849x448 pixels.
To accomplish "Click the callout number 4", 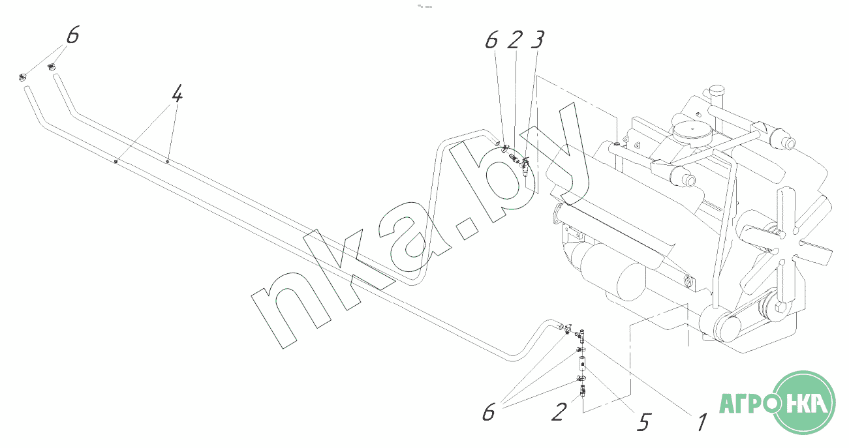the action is pyautogui.click(x=177, y=93).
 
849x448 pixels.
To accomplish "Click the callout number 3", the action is pyautogui.click(x=538, y=39).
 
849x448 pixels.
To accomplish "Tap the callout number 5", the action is pyautogui.click(x=644, y=421).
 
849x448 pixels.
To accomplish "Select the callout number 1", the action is pyautogui.click(x=702, y=422).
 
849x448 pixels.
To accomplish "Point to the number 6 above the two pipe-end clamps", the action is pyautogui.click(x=73, y=35).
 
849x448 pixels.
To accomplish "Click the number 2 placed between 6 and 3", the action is pyautogui.click(x=515, y=39).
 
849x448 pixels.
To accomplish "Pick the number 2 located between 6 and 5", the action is pyautogui.click(x=559, y=412).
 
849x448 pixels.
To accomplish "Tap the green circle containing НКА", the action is pyautogui.click(x=803, y=402).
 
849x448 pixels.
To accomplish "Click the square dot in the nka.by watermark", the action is pyautogui.click(x=466, y=228).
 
